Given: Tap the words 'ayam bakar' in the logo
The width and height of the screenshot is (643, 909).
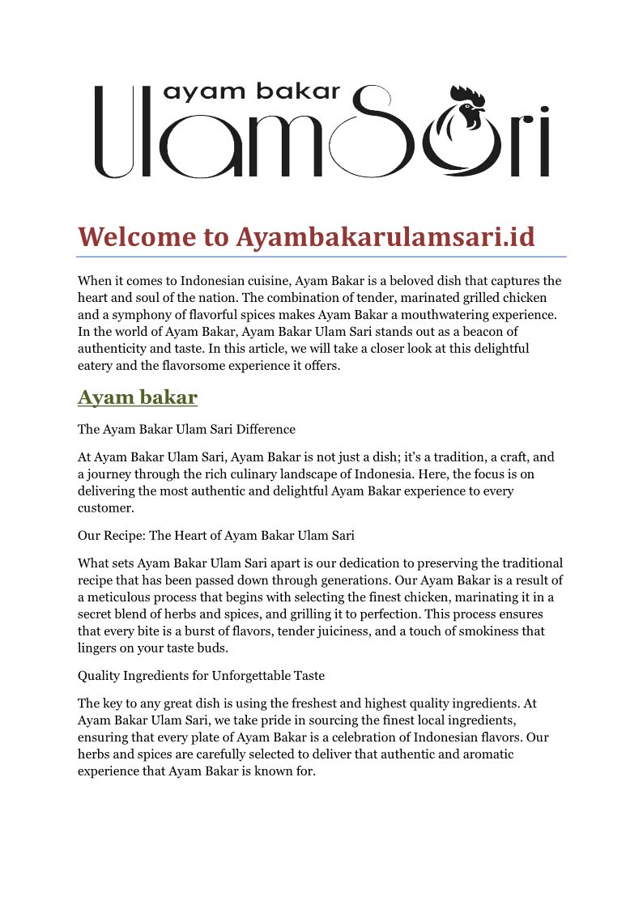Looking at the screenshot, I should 252,91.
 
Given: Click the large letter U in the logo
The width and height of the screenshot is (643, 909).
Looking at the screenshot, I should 116,134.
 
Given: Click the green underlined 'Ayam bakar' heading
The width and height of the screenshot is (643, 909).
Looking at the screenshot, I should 138,397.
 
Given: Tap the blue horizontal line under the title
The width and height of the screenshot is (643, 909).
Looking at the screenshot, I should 321,257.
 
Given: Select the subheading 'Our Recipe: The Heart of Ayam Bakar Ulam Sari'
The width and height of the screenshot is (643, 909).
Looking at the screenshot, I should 216,535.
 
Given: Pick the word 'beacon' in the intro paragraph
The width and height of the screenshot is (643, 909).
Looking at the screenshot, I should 471,332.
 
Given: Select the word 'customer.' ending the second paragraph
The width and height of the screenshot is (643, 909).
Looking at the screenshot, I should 105,508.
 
